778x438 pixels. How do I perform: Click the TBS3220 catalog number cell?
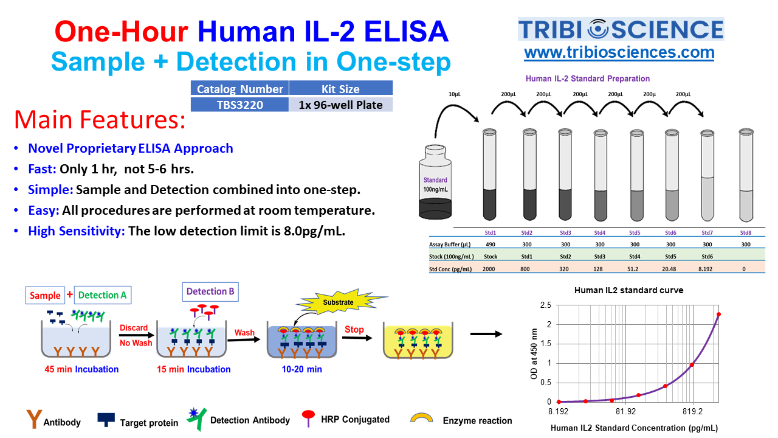click(239, 105)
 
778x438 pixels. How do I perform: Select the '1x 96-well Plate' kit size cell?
click(341, 105)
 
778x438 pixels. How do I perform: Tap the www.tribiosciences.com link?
click(619, 53)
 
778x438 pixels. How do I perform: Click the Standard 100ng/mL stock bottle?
click(435, 182)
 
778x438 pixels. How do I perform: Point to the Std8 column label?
click(746, 232)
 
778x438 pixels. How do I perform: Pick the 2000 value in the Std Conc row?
click(489, 269)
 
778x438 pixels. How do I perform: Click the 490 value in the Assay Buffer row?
click(491, 245)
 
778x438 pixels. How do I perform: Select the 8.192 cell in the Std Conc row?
click(706, 269)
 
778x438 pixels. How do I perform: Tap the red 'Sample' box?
click(45, 295)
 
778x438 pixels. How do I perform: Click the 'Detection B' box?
click(210, 291)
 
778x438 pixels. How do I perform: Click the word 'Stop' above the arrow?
click(354, 329)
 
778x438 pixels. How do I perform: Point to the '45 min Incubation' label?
click(81, 369)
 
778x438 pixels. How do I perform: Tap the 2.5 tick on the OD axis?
click(546, 305)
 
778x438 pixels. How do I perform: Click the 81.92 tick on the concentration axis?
click(625, 412)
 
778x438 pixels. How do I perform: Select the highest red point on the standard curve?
click(718, 315)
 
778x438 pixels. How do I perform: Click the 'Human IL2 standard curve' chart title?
click(628, 290)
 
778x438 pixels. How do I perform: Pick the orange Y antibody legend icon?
click(34, 419)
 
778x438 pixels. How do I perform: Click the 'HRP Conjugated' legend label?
click(355, 420)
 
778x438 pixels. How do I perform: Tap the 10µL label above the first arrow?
click(454, 94)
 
